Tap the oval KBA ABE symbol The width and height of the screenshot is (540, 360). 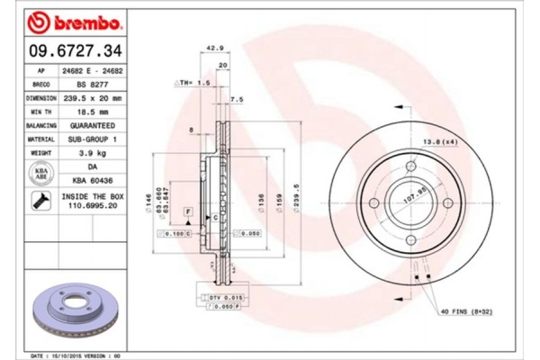[x=40, y=174]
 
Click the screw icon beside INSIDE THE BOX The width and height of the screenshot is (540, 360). [x=40, y=200]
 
